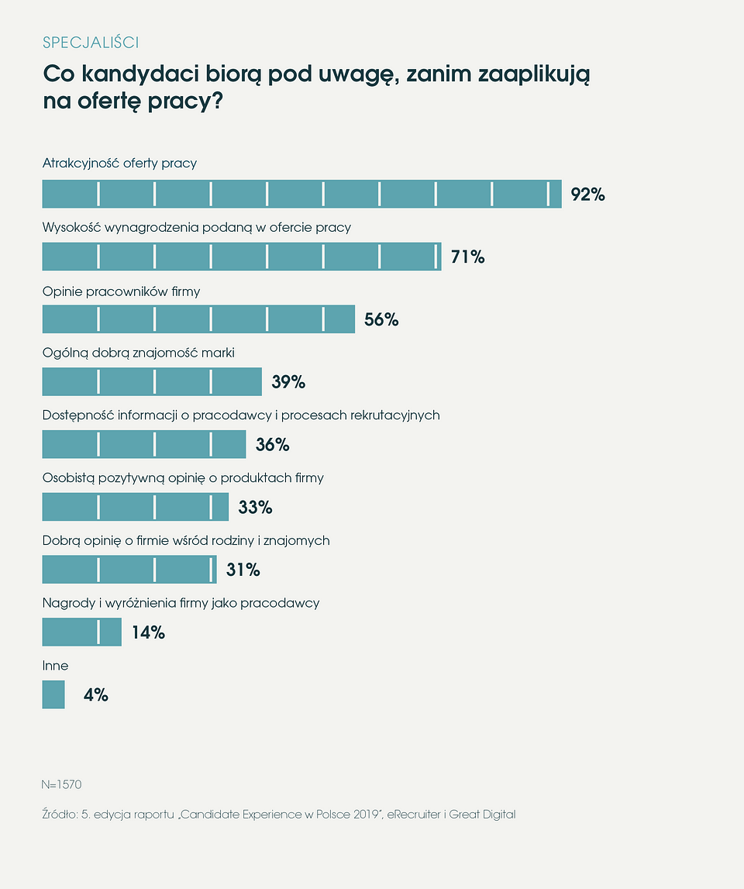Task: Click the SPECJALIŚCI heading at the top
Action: point(91,42)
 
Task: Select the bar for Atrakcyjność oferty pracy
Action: point(301,194)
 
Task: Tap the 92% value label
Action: point(587,195)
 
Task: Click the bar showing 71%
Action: point(241,257)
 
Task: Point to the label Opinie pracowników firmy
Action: point(121,291)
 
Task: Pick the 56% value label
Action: point(381,319)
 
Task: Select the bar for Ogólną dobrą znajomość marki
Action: point(152,381)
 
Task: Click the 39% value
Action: point(288,382)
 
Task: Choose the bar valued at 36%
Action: point(143,444)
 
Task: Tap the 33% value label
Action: point(255,508)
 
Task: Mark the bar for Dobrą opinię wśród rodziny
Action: point(129,570)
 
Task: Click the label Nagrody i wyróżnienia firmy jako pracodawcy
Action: point(181,603)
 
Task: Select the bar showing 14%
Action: point(81,632)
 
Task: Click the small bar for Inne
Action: point(53,694)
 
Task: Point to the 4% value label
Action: point(96,695)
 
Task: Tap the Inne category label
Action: point(55,666)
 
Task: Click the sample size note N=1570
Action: point(61,784)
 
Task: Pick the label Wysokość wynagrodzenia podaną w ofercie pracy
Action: point(196,228)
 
